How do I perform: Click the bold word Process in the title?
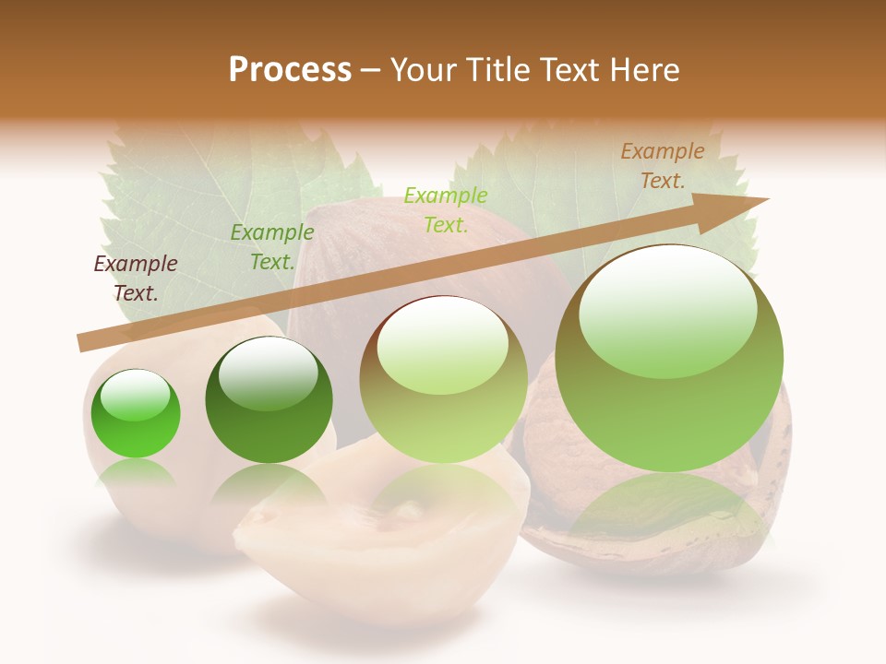click(290, 70)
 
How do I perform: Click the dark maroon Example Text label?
click(136, 278)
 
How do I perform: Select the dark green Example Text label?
click(271, 247)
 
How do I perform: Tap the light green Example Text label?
click(446, 209)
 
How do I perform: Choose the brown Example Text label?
click(663, 166)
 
